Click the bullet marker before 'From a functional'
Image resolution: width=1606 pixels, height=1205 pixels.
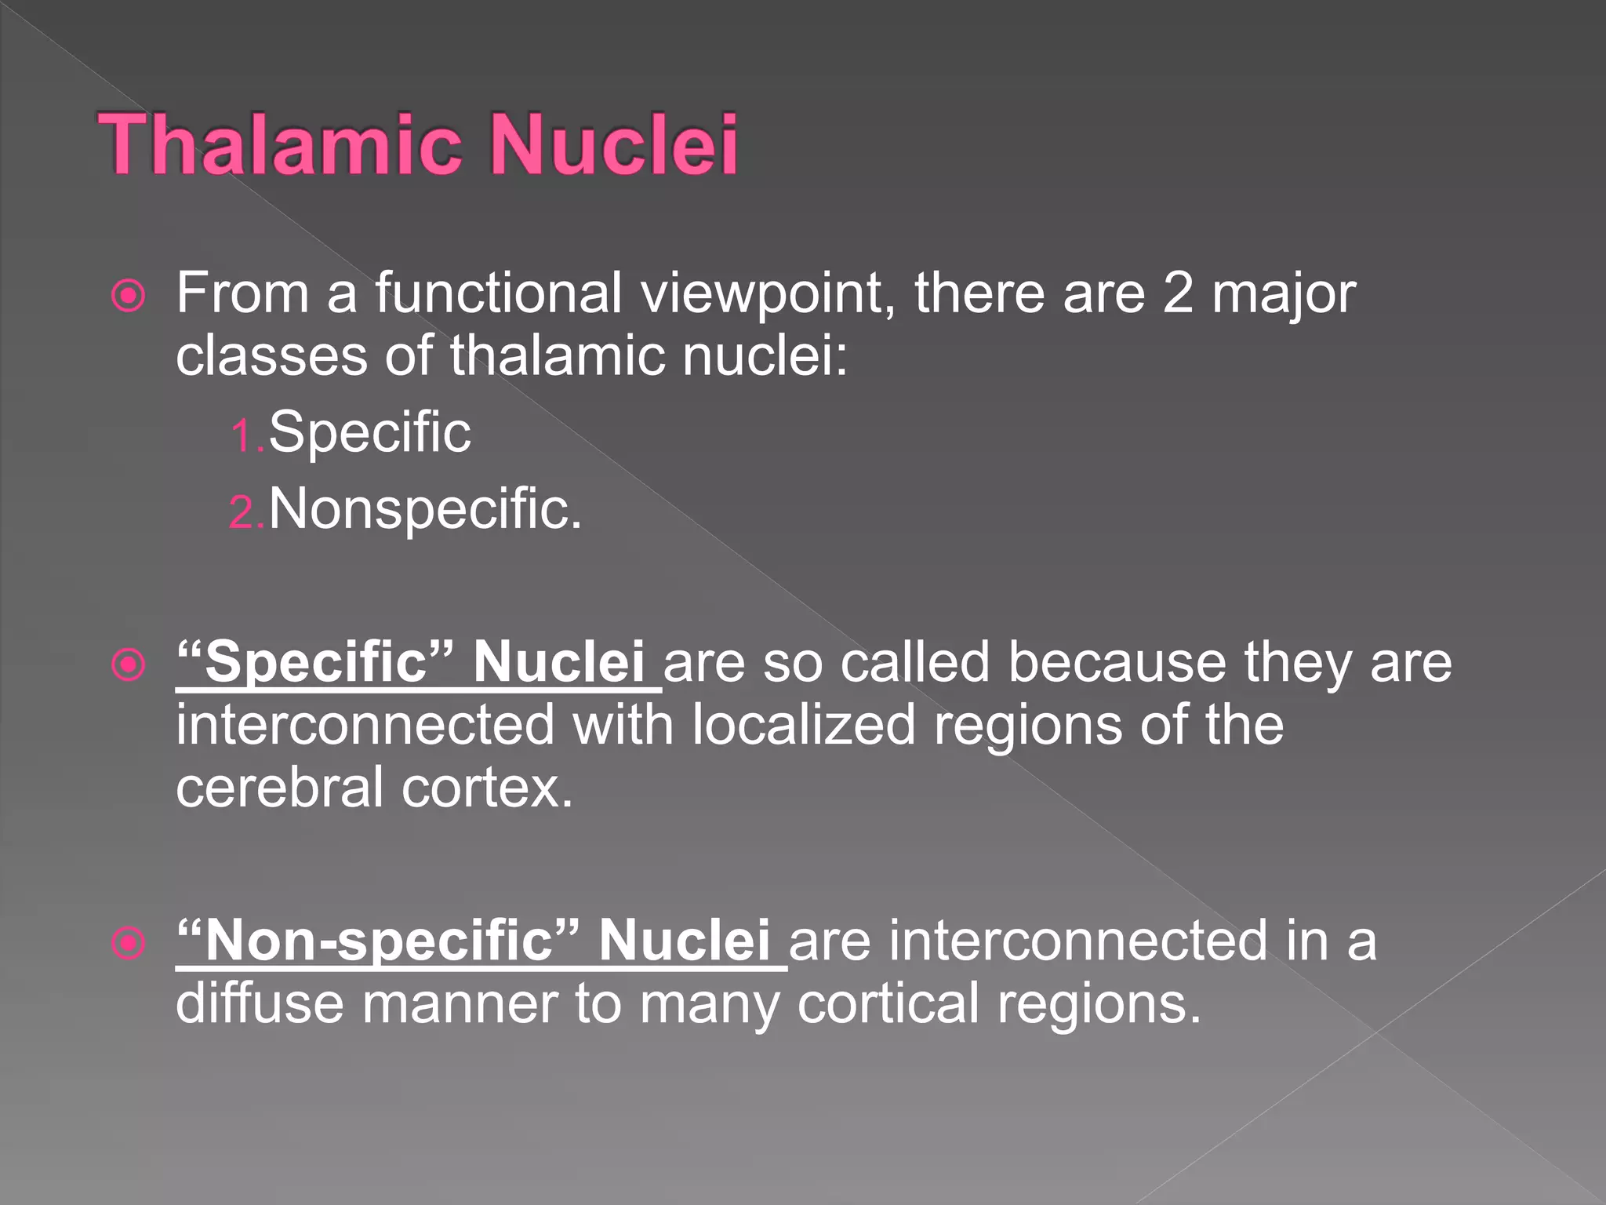tap(129, 297)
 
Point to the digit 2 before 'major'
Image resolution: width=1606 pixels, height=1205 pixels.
tap(1178, 293)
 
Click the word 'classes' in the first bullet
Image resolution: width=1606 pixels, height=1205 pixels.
tap(271, 355)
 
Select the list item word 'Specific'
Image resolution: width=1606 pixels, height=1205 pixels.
tap(369, 432)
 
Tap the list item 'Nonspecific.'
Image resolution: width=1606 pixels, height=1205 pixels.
tap(425, 509)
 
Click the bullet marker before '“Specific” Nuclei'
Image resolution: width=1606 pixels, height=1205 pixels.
tap(129, 665)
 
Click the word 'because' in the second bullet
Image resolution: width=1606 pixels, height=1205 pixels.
tap(1117, 662)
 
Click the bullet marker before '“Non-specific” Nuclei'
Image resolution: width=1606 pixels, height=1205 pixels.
tap(129, 943)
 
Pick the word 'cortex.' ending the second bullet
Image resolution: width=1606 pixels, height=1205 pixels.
tap(487, 788)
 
